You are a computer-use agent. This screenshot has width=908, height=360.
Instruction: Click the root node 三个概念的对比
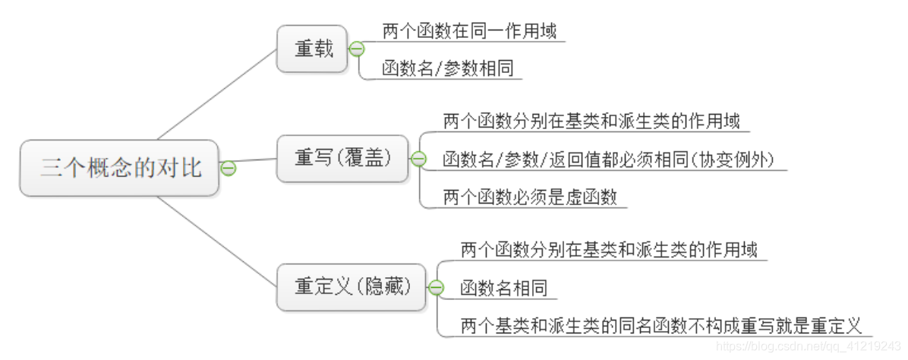[120, 168]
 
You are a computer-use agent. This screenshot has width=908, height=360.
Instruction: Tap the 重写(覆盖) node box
[342, 158]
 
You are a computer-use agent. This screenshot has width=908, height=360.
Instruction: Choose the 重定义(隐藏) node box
[352, 287]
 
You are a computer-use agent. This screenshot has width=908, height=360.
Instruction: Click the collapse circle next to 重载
[356, 49]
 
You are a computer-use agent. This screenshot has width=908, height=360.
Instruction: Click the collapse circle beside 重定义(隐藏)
[436, 287]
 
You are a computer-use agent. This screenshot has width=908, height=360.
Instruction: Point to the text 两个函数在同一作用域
[469, 31]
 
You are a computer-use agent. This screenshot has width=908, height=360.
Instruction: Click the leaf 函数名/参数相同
[448, 68]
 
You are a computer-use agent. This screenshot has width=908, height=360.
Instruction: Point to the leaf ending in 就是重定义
[661, 327]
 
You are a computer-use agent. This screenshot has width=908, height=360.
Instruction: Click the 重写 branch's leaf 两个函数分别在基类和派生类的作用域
[591, 121]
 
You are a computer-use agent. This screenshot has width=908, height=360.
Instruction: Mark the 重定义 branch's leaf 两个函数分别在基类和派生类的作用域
[609, 249]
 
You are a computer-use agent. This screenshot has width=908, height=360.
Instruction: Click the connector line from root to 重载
[216, 95]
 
